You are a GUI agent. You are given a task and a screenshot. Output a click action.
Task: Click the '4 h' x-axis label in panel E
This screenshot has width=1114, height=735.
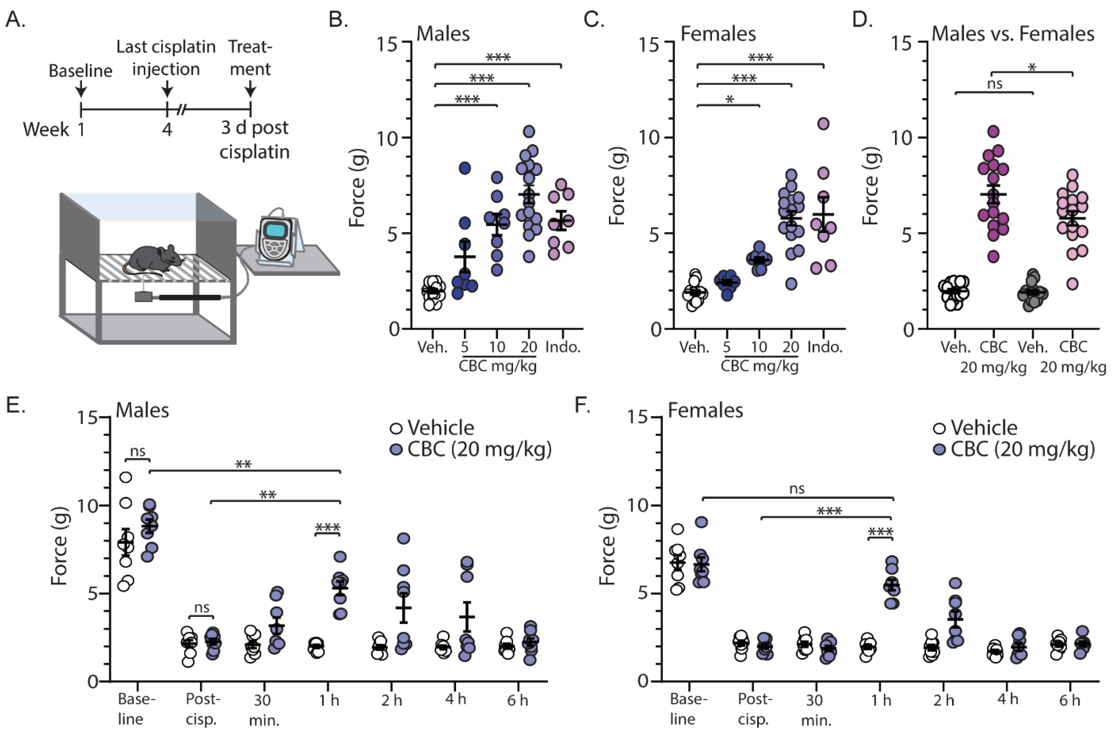(456, 699)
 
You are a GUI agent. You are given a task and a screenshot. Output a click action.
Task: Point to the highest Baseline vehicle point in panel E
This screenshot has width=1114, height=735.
(126, 477)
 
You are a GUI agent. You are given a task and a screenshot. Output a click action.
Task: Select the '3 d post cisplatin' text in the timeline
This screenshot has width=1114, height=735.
(255, 140)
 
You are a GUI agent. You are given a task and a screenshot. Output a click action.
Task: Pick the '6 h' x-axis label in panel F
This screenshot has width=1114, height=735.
(1070, 700)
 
